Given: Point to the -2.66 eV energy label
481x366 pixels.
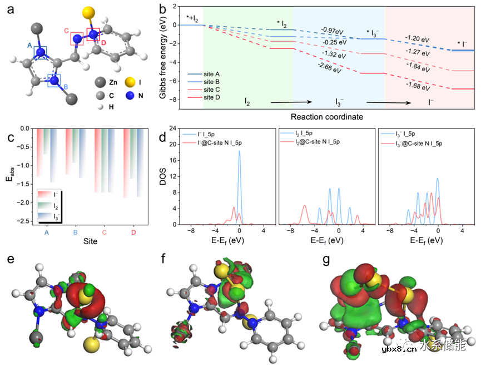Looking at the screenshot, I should (329, 65).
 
